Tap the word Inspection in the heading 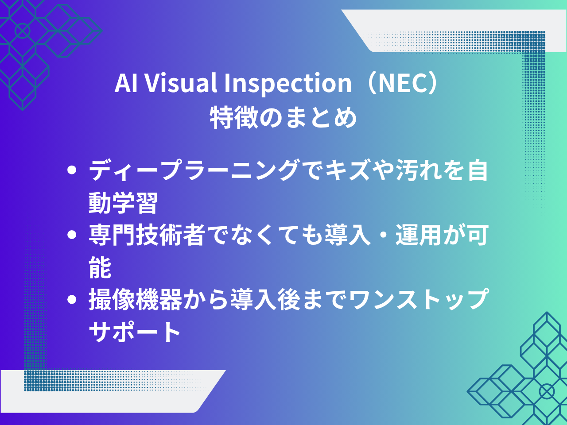click(288, 84)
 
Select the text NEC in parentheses click(402, 83)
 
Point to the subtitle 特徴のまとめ click(283, 117)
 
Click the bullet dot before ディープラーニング click(72, 170)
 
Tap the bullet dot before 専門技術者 click(72, 235)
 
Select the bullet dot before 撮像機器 click(72, 299)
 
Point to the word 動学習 click(123, 203)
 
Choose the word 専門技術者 click(147, 235)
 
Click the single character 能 click(100, 267)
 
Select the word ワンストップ click(419, 299)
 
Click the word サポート click(134, 332)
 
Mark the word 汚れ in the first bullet click(419, 170)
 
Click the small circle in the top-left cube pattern click(23, 31)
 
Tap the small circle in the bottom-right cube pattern click(547, 391)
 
